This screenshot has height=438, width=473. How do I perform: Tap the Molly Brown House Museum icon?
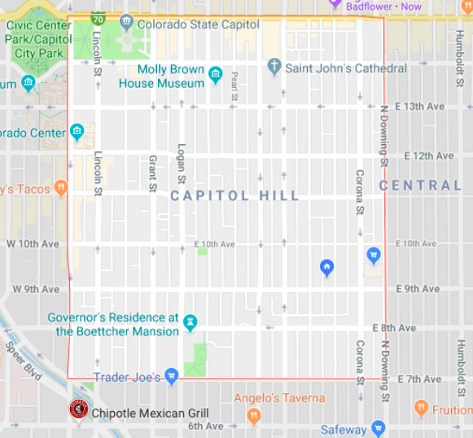click(x=216, y=76)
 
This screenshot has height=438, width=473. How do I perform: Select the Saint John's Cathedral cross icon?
click(x=274, y=66)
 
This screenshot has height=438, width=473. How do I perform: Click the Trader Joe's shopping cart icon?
click(x=171, y=376)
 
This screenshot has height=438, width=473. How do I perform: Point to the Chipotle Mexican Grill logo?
click(x=78, y=411)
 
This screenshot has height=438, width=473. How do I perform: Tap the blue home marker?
click(x=326, y=267)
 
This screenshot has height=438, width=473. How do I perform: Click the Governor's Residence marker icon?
click(x=191, y=323)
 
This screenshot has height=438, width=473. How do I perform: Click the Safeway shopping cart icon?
click(x=378, y=428)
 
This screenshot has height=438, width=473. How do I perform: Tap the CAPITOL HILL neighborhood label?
click(x=235, y=196)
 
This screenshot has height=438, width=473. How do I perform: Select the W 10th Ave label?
click(x=33, y=243)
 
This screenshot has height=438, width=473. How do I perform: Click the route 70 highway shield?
click(x=98, y=17)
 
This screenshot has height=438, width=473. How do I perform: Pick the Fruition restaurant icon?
click(x=421, y=408)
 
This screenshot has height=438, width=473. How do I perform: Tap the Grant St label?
click(x=151, y=173)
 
